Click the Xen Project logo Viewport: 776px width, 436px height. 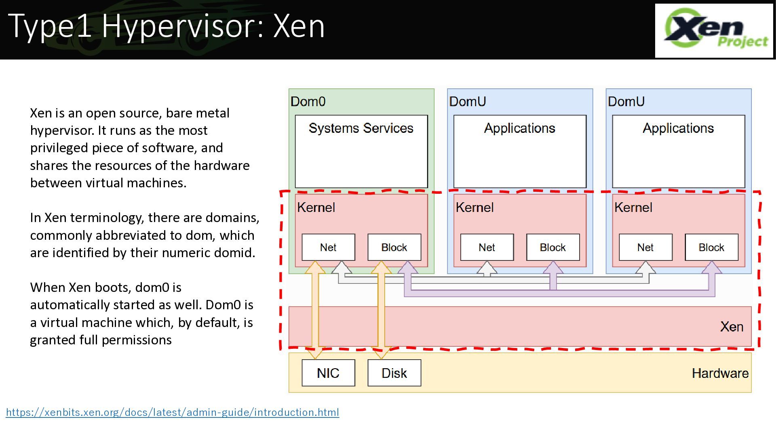pyautogui.click(x=714, y=31)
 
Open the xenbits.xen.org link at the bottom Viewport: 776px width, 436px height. pyautogui.click(x=173, y=412)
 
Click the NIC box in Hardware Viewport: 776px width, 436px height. pyautogui.click(x=328, y=373)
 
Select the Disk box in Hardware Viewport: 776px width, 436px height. pyautogui.click(x=394, y=373)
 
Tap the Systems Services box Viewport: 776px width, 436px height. pyautogui.click(x=361, y=151)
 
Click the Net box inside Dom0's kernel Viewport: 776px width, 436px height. pyautogui.click(x=328, y=247)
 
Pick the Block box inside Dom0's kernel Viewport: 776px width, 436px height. pyautogui.click(x=394, y=247)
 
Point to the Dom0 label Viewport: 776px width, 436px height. pyautogui.click(x=308, y=101)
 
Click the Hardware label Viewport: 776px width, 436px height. pyautogui.click(x=720, y=373)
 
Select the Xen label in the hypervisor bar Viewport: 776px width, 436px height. pyautogui.click(x=732, y=327)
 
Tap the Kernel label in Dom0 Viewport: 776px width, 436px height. pyautogui.click(x=316, y=208)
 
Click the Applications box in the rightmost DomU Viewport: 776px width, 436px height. pyautogui.click(x=679, y=151)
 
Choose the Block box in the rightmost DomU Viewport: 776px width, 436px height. pyautogui.click(x=711, y=247)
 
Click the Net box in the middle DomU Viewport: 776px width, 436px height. pyautogui.click(x=487, y=247)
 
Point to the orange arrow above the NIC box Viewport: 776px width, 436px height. pyautogui.click(x=315, y=310)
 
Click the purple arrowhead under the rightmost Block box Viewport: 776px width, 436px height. pyautogui.click(x=712, y=267)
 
